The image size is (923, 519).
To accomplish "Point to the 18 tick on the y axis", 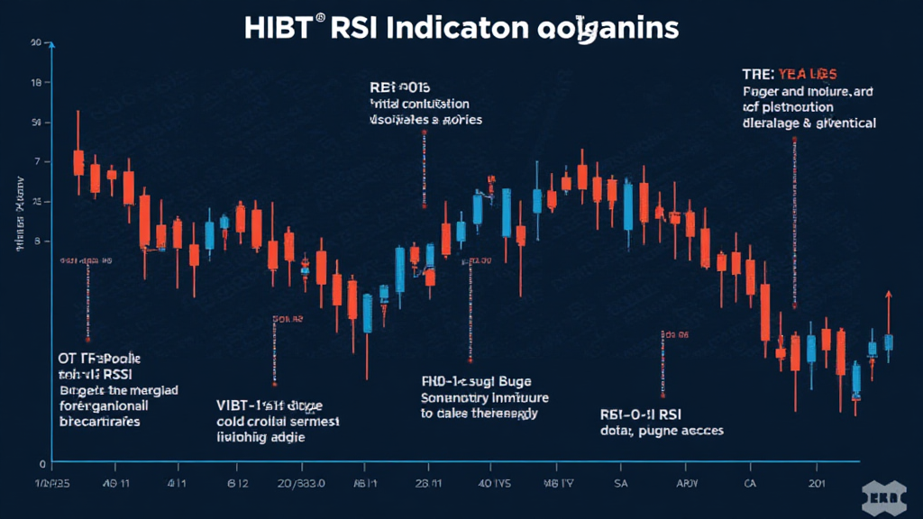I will coord(36,82).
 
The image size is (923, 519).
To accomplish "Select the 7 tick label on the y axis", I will coord(37,161).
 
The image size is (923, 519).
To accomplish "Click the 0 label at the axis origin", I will coord(41,463).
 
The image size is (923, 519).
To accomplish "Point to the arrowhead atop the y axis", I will coord(52,47).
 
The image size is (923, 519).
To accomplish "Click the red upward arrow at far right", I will coord(889,297).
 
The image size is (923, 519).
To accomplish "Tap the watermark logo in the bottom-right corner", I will coord(887,496).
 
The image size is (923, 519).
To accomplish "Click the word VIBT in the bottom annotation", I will coord(236,405).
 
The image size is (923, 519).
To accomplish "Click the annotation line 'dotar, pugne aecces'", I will coord(662,431).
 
